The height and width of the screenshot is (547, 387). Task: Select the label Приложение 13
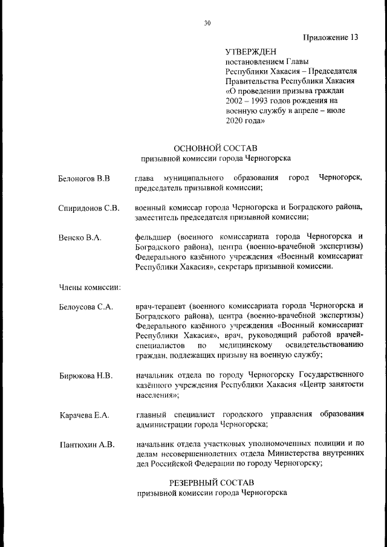click(x=331, y=37)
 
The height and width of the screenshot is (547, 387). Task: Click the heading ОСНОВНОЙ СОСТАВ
click(x=215, y=148)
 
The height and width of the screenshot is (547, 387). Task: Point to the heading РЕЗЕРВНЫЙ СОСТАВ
click(x=212, y=482)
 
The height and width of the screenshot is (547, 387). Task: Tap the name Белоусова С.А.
click(x=86, y=306)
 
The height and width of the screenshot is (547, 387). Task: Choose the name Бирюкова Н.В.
click(x=85, y=375)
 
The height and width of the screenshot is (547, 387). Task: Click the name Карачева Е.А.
click(x=84, y=415)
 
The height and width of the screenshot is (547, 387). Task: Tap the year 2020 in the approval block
click(x=235, y=121)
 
